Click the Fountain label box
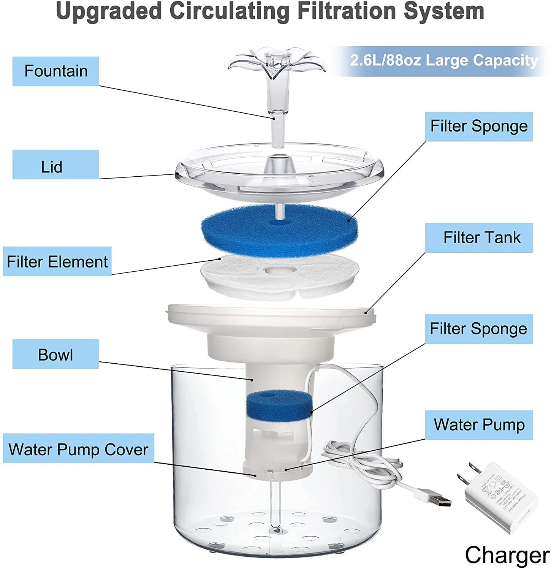pos(55,71)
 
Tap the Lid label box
pos(55,165)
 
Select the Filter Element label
pos(57,261)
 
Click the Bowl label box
pos(55,354)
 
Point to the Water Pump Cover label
pos(78,448)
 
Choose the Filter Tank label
pos(479,237)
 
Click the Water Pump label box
pos(479,425)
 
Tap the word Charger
pos(507,555)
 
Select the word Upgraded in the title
pos(109,11)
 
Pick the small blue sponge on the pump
pos(279,404)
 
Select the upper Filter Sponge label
pos(479,126)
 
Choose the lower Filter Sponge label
pos(479,329)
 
